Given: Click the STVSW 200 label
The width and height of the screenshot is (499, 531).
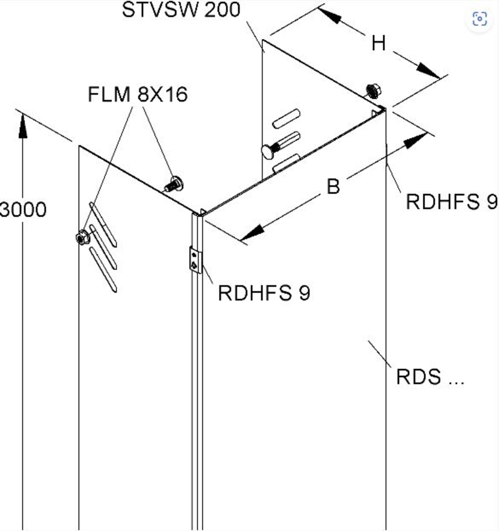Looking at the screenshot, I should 181,10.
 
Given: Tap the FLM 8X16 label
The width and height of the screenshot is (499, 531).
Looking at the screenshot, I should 138,94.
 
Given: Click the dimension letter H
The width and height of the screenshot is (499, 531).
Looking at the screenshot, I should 378,43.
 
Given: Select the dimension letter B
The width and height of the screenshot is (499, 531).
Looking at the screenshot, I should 333,186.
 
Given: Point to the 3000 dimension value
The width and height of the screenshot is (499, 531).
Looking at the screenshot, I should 23,210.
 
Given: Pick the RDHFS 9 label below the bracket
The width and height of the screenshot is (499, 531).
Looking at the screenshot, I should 264,293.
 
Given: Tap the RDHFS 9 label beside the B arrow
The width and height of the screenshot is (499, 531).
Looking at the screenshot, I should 451,201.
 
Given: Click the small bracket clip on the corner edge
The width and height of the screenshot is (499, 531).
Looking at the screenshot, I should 195,260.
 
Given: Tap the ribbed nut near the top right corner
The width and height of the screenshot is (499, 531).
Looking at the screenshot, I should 374,91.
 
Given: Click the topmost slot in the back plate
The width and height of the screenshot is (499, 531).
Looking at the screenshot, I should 286,119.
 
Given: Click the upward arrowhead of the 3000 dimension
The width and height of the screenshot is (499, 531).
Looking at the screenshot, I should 23,126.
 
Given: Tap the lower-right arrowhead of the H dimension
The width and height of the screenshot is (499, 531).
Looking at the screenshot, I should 428,71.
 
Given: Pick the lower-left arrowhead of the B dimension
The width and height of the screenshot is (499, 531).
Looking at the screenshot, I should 252,232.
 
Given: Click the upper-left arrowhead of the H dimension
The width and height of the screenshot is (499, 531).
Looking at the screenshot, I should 330,15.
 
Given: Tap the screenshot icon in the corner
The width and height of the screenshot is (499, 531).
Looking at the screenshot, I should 480,19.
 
